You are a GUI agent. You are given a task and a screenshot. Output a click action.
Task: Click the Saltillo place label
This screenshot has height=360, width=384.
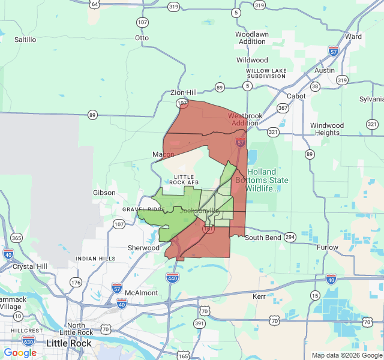pos(25,40)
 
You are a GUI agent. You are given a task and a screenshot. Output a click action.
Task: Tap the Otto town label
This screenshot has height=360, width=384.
pos(142,38)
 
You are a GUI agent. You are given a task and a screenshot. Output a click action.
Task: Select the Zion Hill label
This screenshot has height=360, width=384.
pos(183,92)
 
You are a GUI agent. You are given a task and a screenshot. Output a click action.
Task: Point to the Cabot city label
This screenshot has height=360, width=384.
pos(296,96)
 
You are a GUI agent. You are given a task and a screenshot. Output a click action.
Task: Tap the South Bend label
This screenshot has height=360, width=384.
pos(263,238)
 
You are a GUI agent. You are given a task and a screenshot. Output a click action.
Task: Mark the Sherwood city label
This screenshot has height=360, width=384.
pos(143,248)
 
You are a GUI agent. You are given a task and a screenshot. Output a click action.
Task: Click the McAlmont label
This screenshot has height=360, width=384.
pos(141,293)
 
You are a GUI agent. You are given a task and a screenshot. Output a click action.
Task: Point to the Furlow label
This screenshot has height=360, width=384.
pos(328,247)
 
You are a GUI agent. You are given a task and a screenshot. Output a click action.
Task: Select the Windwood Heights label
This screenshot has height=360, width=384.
pos(327,129)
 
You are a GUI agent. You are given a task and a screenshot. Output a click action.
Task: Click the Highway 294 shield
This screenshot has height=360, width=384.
pos(290,237)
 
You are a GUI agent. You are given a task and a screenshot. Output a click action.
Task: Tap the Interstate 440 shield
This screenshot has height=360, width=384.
pos(172,278)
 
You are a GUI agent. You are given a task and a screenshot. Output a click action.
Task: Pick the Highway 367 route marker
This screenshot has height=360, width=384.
pos(283,108)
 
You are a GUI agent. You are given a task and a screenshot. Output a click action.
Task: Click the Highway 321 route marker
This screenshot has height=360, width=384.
pos(273,131)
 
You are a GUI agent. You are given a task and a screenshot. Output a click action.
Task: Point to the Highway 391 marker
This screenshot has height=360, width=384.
pos(199,323)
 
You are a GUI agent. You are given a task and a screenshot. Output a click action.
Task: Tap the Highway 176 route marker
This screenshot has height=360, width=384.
pos(75,282)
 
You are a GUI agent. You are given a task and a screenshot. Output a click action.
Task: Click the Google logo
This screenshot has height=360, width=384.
pos(20,353)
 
